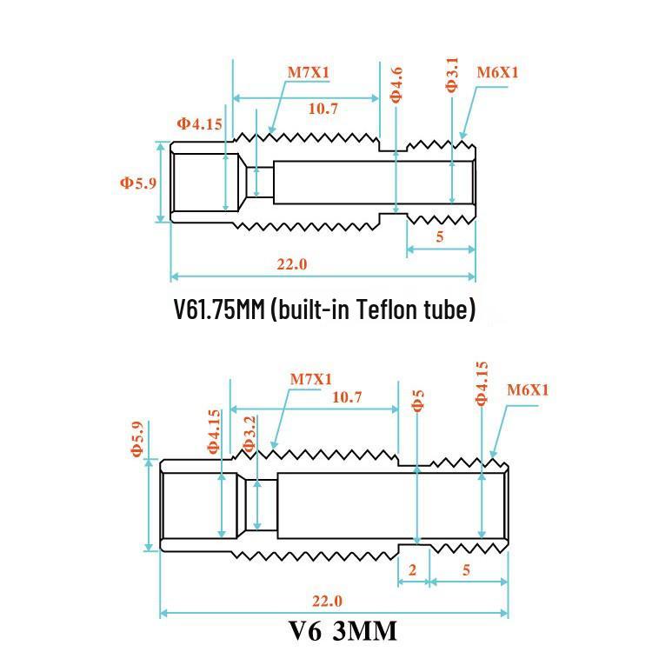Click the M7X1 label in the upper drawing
[x=309, y=72]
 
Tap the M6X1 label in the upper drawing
[x=498, y=73]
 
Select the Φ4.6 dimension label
[x=396, y=85]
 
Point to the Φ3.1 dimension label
[x=451, y=75]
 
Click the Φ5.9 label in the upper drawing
[x=138, y=183]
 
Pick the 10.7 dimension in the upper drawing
[x=323, y=109]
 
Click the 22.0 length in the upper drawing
[x=292, y=264]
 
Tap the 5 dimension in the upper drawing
[x=440, y=236]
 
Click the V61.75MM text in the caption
[x=219, y=309]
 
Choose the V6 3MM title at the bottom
[x=343, y=631]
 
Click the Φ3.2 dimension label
[x=249, y=434]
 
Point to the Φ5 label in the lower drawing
[x=418, y=401]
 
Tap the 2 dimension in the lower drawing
[x=412, y=569]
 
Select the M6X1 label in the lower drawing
[x=528, y=390]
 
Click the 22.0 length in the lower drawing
[x=327, y=601]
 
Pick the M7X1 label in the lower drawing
[x=311, y=379]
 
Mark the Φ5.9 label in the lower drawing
[x=137, y=439]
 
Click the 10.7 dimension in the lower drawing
[x=347, y=397]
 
